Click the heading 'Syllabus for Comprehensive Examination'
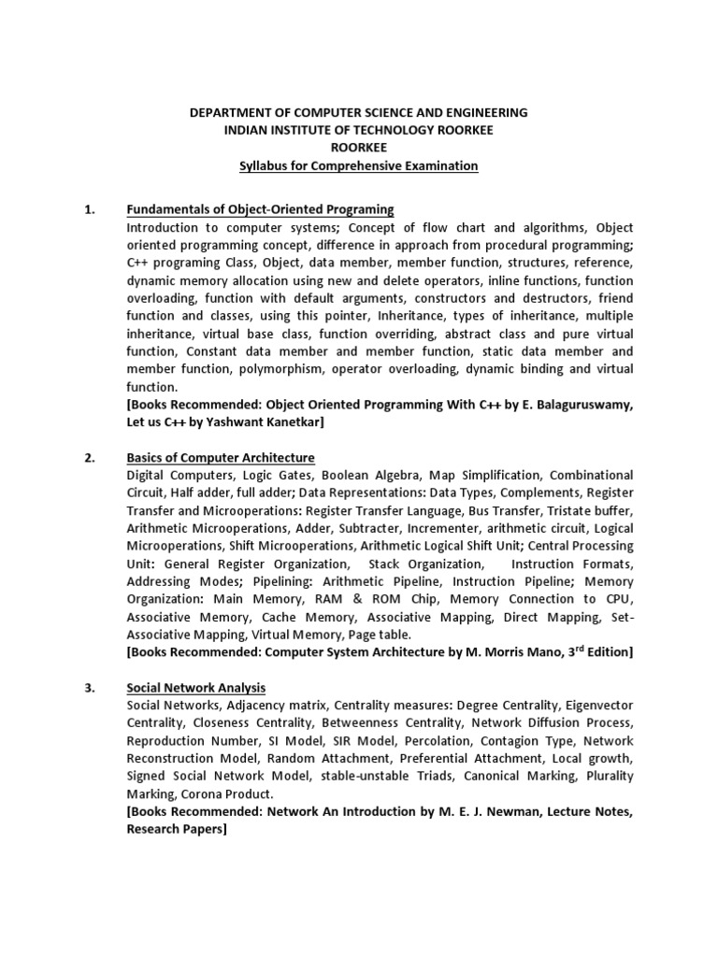[359, 165]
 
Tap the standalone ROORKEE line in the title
[359, 148]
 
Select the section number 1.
[91, 209]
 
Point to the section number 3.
[91, 688]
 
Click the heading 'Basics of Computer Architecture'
[221, 457]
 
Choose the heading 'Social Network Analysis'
[196, 688]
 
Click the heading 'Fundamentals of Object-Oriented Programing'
[260, 209]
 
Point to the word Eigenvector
[596, 706]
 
